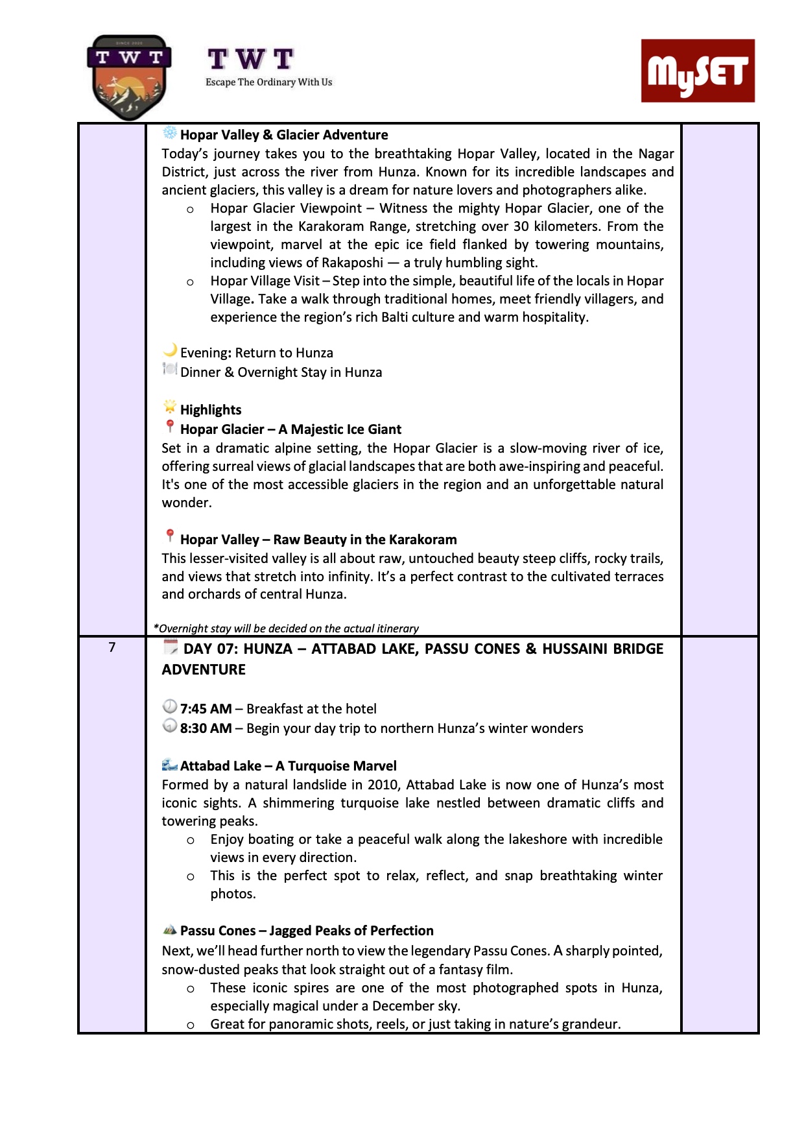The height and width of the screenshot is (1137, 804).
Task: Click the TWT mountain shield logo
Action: [129, 77]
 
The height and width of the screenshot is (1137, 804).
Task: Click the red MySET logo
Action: [698, 71]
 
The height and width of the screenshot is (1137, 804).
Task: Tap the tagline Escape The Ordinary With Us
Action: [268, 82]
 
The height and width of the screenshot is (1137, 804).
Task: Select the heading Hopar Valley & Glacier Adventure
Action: [284, 135]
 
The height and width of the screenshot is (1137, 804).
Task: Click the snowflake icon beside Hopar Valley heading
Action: [169, 134]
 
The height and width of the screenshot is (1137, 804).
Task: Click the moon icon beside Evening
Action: [170, 351]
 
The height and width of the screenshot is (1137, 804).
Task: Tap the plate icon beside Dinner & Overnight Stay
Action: [170, 370]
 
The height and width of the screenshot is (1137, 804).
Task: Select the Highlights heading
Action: [211, 410]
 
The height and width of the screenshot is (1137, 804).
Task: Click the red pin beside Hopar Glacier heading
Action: [170, 427]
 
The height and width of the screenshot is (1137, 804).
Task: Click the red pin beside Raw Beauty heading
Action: [170, 536]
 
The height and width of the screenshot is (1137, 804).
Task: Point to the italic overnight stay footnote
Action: [286, 628]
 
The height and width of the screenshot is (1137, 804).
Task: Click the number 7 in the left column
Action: [112, 647]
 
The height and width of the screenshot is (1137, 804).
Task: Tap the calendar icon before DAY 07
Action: [171, 647]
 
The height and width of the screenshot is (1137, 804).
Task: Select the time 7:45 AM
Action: [206, 709]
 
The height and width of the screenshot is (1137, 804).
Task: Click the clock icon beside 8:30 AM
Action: [170, 726]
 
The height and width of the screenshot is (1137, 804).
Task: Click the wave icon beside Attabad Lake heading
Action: [170, 765]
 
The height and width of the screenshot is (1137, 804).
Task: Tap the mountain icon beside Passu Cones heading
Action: [170, 930]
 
